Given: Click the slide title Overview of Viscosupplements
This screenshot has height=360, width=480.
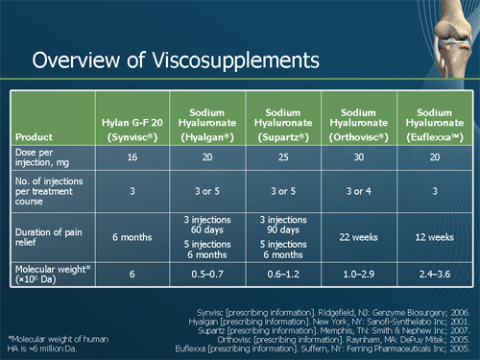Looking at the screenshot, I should [176, 60].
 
